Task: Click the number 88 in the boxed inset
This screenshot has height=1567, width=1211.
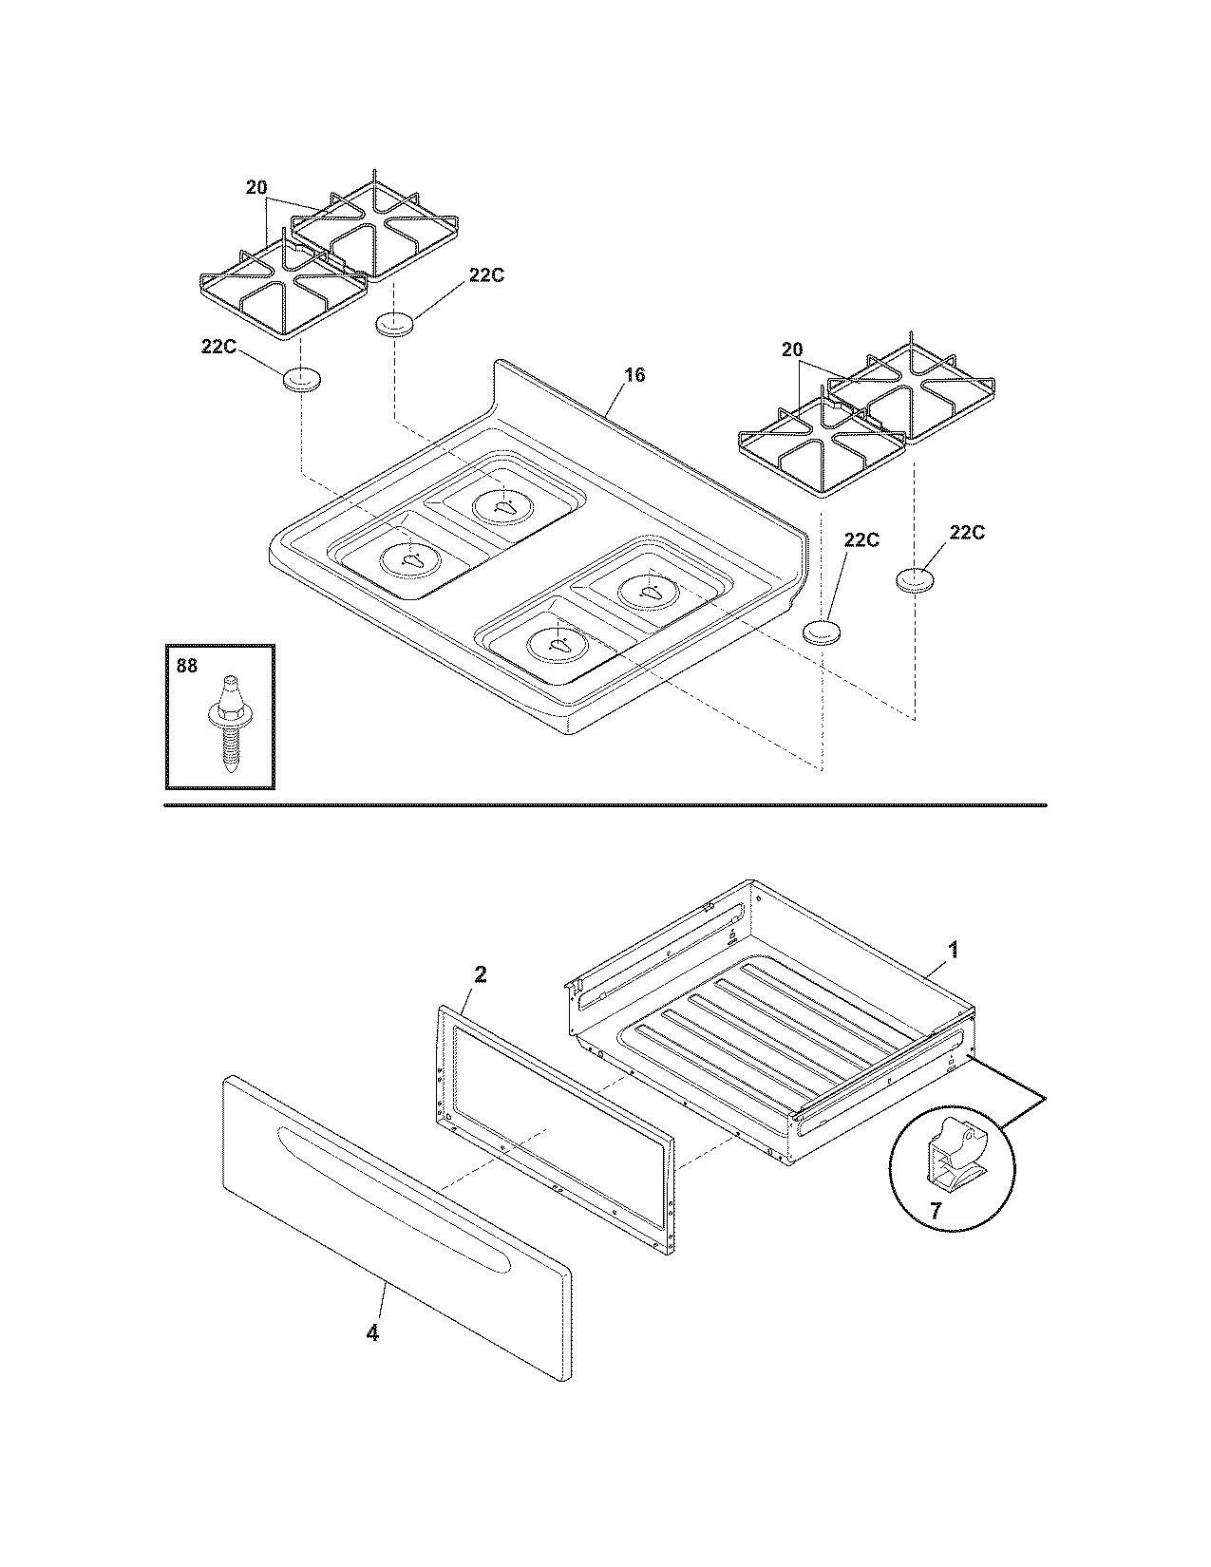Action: click(x=187, y=667)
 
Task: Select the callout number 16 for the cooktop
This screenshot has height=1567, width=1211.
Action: click(x=634, y=375)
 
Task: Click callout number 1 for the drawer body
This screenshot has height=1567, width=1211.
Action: click(x=954, y=949)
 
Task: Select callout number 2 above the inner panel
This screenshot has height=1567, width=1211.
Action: click(x=481, y=975)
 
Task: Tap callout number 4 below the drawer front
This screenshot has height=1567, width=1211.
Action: click(x=372, y=1333)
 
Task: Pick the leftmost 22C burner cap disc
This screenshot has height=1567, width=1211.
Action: click(x=301, y=379)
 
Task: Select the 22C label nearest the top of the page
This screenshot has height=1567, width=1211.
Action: click(x=485, y=275)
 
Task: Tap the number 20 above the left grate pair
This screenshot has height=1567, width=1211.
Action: click(x=256, y=188)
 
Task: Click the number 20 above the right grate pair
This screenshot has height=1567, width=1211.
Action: click(x=792, y=350)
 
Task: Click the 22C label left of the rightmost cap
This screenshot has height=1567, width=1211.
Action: click(x=861, y=539)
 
